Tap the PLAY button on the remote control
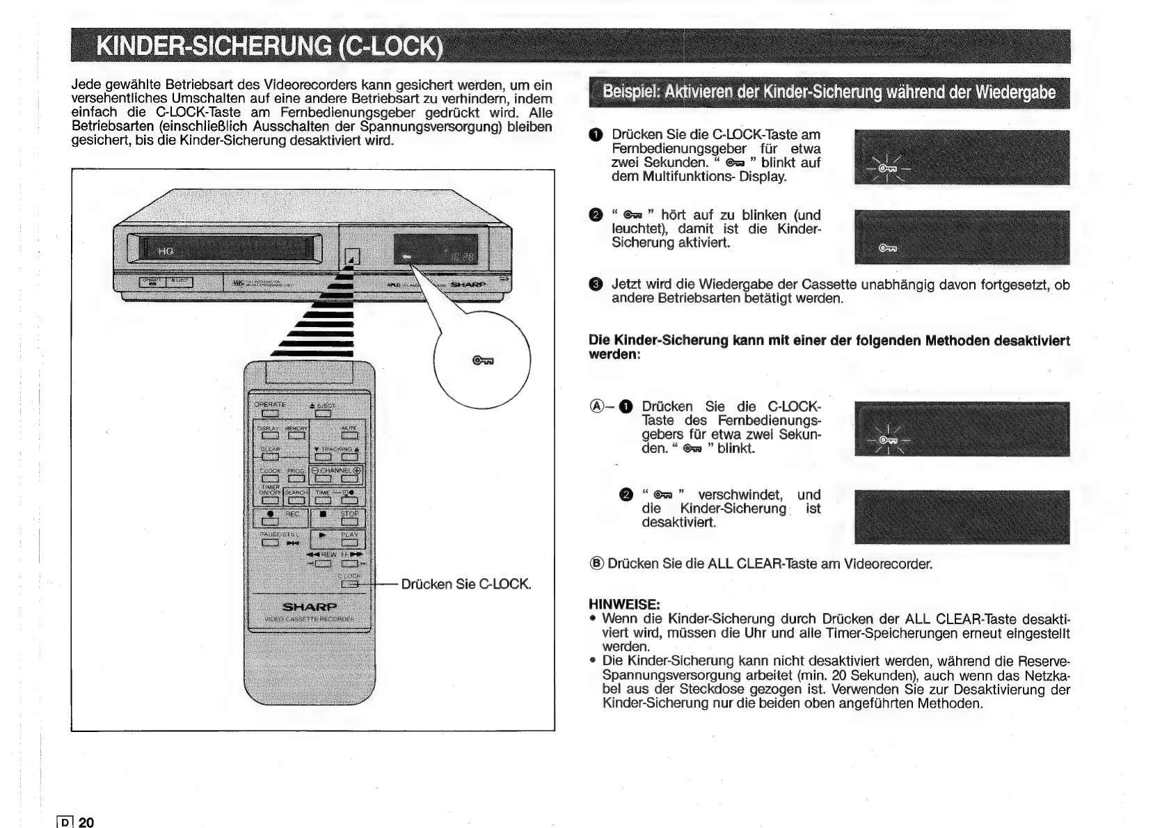[x=349, y=543]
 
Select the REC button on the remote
[x=270, y=522]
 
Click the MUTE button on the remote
[x=349, y=436]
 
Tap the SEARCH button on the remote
[x=296, y=500]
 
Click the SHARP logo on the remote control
[x=309, y=606]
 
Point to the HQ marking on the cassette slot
[x=165, y=251]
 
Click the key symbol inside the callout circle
[x=483, y=360]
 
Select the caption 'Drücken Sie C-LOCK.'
[x=466, y=584]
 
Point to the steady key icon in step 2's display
[x=888, y=248]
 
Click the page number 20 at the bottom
[x=86, y=822]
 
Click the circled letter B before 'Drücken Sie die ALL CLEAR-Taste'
[x=596, y=564]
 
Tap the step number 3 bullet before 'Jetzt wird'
[x=595, y=285]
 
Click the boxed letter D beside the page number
[x=65, y=822]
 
